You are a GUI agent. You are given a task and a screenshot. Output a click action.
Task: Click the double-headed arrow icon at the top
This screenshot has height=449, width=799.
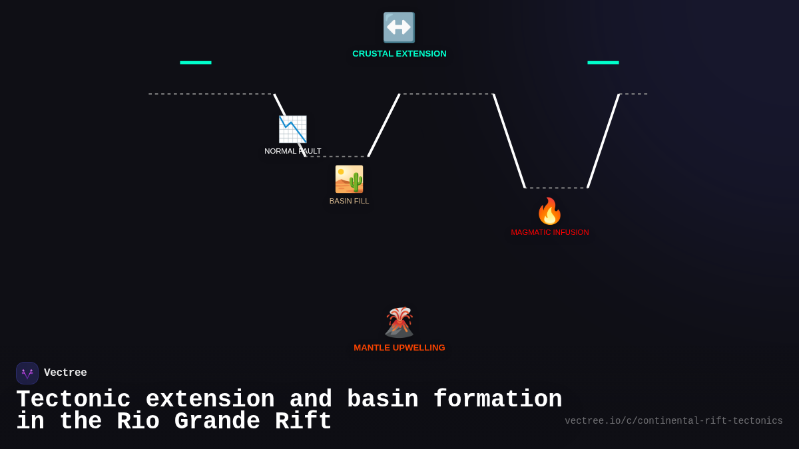point(399,27)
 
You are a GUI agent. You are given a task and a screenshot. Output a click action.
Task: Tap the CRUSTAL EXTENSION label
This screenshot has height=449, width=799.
point(400,54)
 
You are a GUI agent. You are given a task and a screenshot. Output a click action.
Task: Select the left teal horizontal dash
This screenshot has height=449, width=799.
point(196,63)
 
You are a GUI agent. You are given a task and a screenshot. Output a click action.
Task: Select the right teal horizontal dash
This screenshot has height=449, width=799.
point(603,63)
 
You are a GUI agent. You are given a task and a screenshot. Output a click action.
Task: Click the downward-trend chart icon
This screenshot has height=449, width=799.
point(292,129)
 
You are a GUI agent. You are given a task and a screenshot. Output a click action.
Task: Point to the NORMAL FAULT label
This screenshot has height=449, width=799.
point(293,151)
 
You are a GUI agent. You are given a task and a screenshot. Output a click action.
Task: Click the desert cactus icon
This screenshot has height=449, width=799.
point(349,179)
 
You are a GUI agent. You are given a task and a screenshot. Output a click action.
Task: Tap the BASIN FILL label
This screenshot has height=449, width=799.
point(349,201)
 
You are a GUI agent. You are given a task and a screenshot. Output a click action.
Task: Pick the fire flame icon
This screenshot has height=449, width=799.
point(549,212)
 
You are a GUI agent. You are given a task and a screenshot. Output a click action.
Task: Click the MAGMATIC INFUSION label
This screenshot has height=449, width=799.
point(550,232)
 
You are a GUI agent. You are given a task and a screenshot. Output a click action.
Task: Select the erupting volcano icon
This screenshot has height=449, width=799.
point(399,323)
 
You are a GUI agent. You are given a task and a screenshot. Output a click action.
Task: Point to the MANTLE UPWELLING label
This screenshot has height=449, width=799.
point(400,348)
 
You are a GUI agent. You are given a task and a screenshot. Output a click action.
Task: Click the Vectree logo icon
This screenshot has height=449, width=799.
point(27,373)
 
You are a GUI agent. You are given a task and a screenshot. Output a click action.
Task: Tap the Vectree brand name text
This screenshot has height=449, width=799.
point(65,373)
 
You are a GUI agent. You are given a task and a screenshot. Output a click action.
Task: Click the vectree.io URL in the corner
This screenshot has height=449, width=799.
point(674,421)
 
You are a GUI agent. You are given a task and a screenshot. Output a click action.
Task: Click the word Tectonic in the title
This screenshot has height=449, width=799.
point(73,400)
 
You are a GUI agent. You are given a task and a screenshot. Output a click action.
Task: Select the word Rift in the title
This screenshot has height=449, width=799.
point(304,422)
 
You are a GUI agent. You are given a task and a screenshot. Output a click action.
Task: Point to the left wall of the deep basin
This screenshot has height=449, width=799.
point(509,140)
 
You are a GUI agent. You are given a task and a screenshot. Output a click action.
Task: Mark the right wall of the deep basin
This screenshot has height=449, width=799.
point(603,140)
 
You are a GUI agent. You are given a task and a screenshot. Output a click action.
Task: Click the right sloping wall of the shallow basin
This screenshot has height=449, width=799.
point(384,125)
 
